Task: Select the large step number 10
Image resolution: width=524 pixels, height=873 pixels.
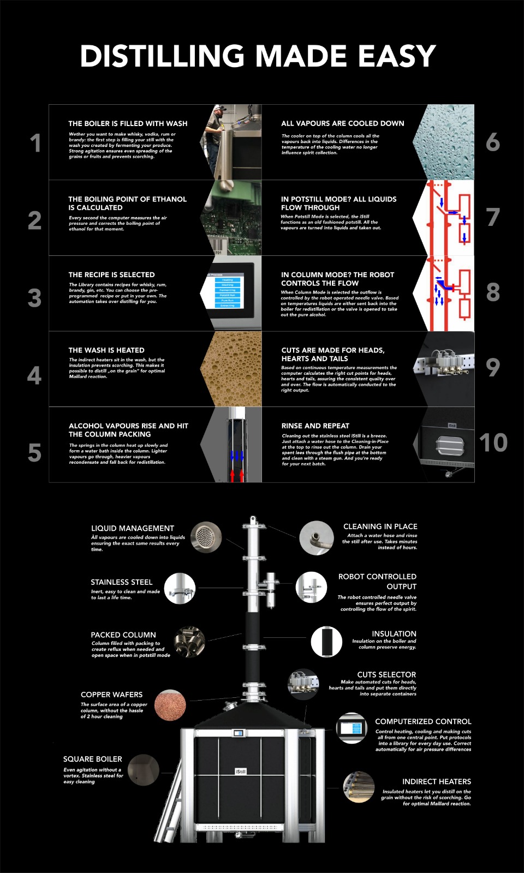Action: pos(493,443)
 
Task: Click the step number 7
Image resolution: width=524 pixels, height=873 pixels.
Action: pos(493,217)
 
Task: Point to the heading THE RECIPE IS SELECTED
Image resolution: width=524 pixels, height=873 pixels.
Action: pos(111,275)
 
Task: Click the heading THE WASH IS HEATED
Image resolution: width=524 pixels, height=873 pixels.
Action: pos(106,350)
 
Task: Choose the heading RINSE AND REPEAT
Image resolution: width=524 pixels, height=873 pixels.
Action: pos(315,426)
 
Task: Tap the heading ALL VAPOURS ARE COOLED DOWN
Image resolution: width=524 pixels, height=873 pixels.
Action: pos(343,123)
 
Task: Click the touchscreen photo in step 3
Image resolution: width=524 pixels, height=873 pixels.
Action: pos(231,293)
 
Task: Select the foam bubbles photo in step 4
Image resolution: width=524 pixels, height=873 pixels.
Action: pos(232,369)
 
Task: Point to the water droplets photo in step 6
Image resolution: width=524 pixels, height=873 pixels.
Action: pos(444,142)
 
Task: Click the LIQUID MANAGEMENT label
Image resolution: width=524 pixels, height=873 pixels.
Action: pos(133,529)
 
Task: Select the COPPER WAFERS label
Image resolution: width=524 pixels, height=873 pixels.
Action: pos(111,695)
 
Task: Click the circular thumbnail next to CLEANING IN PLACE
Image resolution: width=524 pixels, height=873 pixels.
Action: pos(316,538)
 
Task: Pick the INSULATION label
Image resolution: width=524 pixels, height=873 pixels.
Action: pos(394,633)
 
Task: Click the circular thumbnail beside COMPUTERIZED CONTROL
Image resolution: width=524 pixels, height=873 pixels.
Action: pos(352,728)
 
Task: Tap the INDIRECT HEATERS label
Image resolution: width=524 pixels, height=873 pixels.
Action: pos(437,781)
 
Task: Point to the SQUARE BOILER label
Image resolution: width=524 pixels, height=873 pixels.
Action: pos(93,759)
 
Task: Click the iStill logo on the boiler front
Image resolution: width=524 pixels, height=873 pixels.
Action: pos(241,772)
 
